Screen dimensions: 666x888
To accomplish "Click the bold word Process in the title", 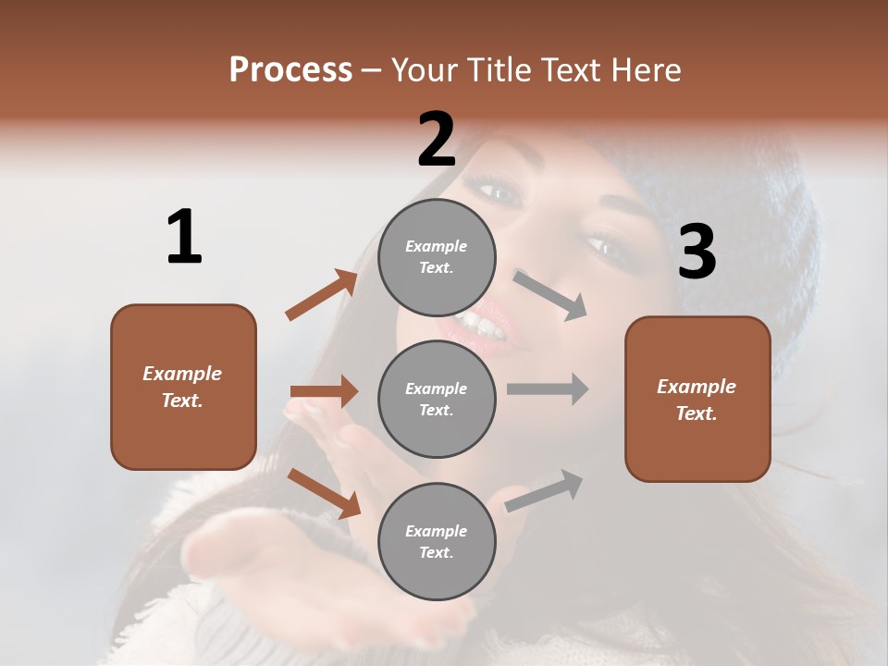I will click(290, 69).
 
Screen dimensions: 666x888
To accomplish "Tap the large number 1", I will click(184, 237).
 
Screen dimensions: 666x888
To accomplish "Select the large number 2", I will click(437, 140).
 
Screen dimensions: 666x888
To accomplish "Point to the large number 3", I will click(697, 252).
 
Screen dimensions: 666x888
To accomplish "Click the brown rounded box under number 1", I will click(183, 387).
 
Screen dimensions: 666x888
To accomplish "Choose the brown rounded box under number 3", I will click(697, 399).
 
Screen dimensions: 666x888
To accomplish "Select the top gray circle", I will click(437, 257).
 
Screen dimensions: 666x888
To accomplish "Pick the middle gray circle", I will click(437, 399).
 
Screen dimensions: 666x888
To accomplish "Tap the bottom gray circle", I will click(437, 541).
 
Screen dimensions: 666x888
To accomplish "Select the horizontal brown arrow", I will click(324, 391).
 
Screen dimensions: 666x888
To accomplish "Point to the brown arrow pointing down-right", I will click(324, 492).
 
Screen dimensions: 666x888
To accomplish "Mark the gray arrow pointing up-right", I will click(544, 491).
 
